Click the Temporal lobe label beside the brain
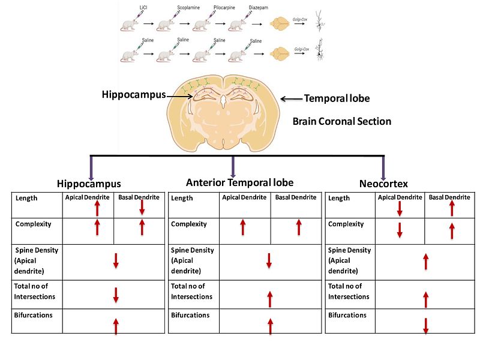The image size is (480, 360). pyautogui.click(x=337, y=98)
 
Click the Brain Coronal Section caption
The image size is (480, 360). pyautogui.click(x=341, y=121)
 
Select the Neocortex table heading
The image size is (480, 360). pyautogui.click(x=383, y=184)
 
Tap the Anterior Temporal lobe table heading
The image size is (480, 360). pyautogui.click(x=240, y=182)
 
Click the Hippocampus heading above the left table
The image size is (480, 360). pyautogui.click(x=89, y=184)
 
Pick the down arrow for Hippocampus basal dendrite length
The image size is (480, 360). pyautogui.click(x=142, y=206)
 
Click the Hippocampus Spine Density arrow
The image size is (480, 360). pyautogui.click(x=116, y=261)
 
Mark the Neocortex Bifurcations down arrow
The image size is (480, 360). pyautogui.click(x=425, y=325)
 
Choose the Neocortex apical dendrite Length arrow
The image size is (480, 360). pyautogui.click(x=399, y=209)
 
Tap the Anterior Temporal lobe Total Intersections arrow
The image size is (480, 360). pyautogui.click(x=270, y=298)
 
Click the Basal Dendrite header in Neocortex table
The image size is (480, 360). pyautogui.click(x=450, y=197)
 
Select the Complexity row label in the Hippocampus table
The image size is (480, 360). pyautogui.click(x=32, y=224)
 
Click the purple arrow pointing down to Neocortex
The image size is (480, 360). pyautogui.click(x=383, y=167)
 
